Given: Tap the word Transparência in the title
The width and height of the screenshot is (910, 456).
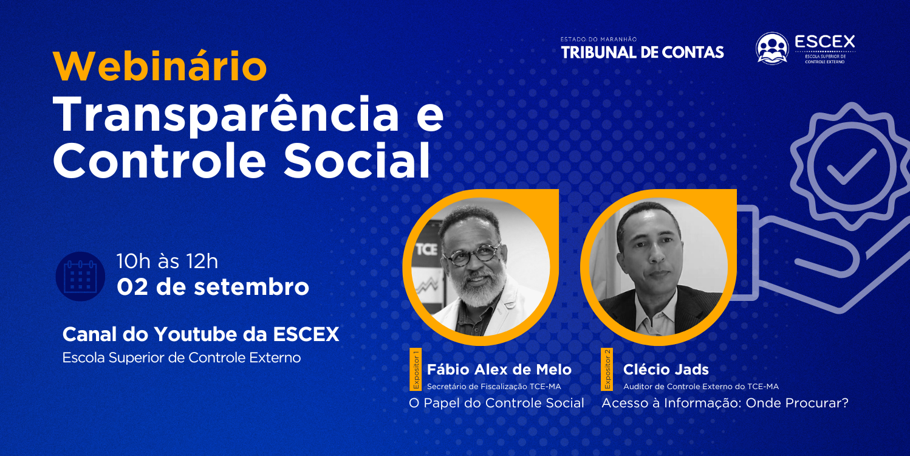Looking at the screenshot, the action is pos(226,115).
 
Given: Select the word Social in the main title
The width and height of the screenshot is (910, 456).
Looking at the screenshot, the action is pos(357,161).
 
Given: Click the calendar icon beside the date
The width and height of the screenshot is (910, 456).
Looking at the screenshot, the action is pos(80,276).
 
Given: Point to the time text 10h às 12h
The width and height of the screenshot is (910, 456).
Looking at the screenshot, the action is pos(168,261).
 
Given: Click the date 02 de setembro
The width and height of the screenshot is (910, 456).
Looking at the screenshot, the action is pos(213,287).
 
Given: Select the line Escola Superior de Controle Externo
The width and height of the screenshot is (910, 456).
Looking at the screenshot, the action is pos(182,358).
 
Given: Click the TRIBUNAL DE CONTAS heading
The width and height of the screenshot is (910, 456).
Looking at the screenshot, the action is pos(642,52).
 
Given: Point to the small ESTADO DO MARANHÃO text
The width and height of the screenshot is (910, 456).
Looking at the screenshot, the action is pos(598,40).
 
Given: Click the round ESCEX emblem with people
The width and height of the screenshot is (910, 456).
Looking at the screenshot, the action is pos(772,49).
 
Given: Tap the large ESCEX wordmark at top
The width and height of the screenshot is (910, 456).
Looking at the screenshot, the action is pos(825,41).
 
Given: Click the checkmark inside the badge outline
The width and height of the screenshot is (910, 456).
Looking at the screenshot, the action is pos(852,167).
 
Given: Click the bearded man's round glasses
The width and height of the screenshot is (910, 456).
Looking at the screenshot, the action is pos(473,255).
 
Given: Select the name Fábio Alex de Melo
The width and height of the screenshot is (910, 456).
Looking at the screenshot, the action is pos(499,369).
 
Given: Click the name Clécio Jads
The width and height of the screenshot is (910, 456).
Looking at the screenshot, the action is pos(666,369).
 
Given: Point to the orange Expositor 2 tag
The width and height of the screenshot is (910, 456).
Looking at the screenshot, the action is pos(607,369).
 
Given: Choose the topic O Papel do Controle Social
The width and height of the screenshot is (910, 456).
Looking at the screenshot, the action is pos(496,402).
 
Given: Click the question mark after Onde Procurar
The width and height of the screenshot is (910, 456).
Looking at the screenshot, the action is pos(844,402).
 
